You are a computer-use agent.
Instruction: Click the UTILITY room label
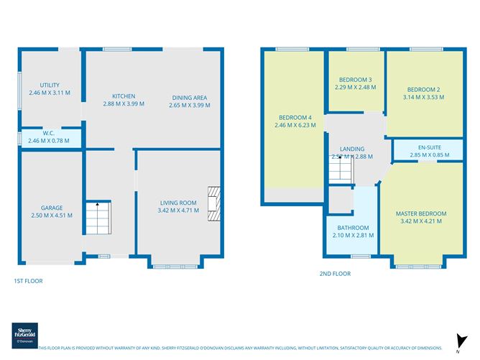(50, 85)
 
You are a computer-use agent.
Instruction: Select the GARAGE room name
(51, 208)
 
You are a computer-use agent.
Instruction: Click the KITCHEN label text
(124, 96)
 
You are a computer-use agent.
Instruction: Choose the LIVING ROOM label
(177, 203)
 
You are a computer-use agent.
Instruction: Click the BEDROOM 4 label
(295, 117)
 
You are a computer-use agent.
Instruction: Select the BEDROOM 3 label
(355, 79)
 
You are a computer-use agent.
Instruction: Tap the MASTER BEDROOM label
(420, 213)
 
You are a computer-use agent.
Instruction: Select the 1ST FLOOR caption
(29, 281)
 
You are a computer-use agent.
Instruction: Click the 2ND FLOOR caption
(335, 274)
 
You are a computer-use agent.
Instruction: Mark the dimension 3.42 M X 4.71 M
(177, 211)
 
